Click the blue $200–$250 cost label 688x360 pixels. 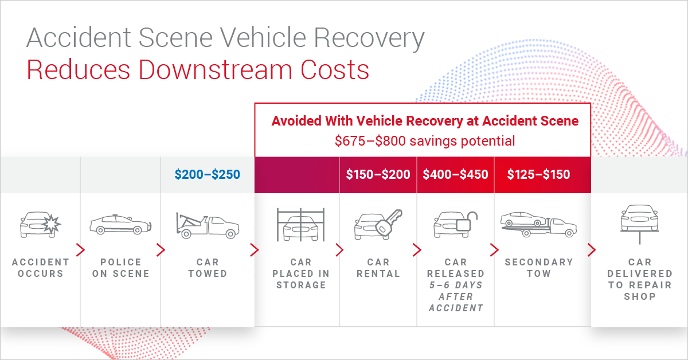[208, 174]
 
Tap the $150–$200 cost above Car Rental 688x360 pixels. [378, 174]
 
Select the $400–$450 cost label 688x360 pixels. [455, 174]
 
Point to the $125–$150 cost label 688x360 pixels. [538, 174]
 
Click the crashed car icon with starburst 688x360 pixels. [41, 225]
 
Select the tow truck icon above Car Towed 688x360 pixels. [208, 225]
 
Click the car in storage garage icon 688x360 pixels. [300, 225]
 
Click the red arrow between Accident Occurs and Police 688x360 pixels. [80, 250]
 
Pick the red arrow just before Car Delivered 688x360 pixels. [592, 250]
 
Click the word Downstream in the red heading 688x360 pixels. [215, 70]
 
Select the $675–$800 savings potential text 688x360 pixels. [425, 141]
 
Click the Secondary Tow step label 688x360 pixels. [539, 268]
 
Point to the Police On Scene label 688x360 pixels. [121, 268]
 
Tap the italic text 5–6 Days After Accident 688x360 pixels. [456, 296]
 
